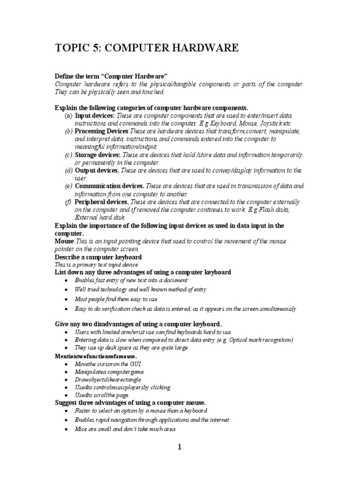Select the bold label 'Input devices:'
click(x=95, y=115)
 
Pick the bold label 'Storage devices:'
click(x=97, y=155)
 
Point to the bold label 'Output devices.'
click(x=97, y=171)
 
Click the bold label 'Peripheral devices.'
click(x=102, y=202)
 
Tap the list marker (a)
click(x=68, y=115)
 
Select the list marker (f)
click(x=68, y=202)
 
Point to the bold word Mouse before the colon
click(x=65, y=241)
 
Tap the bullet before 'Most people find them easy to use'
click(x=68, y=299)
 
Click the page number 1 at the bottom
click(x=179, y=447)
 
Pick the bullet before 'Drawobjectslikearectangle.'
click(x=68, y=379)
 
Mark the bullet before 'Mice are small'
click(x=68, y=429)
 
